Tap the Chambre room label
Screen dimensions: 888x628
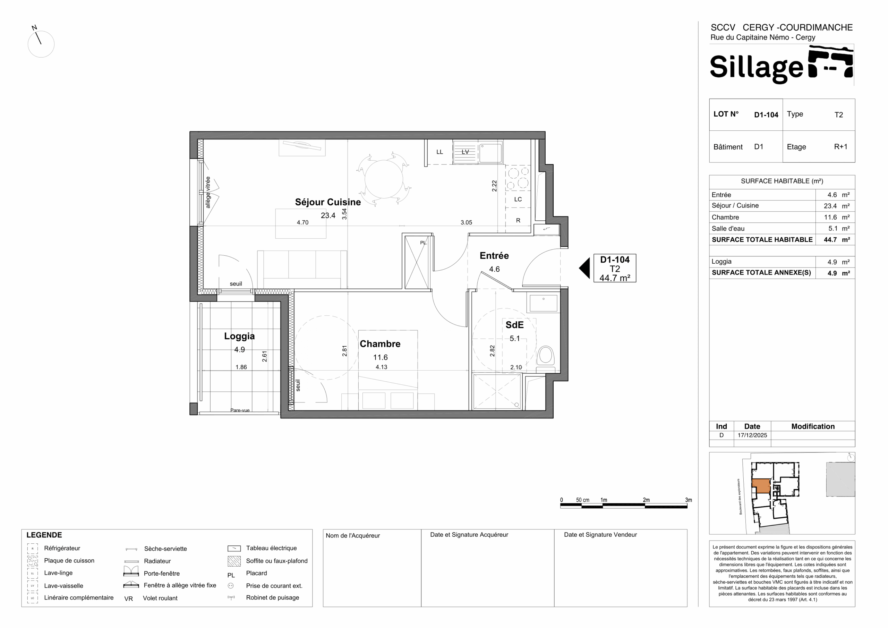[380, 344]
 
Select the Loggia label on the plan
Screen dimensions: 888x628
[239, 336]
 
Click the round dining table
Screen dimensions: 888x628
[384, 179]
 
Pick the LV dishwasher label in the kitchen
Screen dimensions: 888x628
[465, 152]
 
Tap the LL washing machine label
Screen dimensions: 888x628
[440, 152]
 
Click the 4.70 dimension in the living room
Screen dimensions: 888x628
[302, 222]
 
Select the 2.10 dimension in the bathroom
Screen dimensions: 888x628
[516, 367]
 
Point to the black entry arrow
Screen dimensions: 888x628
[585, 268]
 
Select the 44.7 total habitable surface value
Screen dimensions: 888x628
[830, 239]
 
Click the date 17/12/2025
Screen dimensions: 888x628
[752, 435]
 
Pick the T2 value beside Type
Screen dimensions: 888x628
[838, 115]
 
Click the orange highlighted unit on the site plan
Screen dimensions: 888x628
[761, 486]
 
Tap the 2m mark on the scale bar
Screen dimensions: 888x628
[646, 500]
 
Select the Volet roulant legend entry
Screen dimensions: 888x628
[160, 598]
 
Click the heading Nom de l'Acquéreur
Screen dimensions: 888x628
[353, 535]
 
